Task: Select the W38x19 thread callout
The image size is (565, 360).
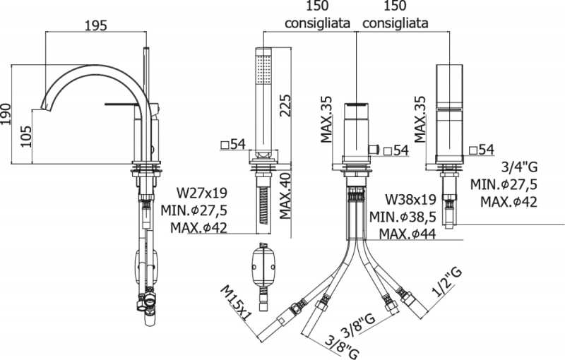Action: tap(412, 199)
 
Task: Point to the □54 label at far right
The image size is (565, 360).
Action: tap(480, 149)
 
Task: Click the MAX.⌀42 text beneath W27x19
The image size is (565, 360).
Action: tap(199, 227)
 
